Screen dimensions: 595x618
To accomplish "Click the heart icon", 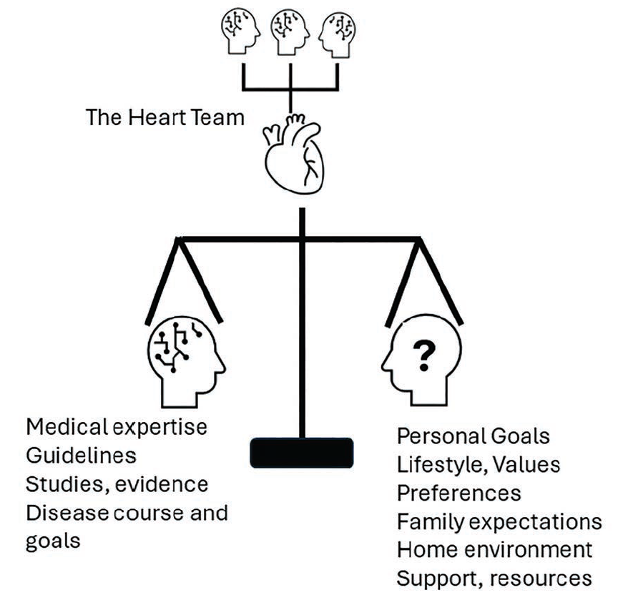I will click(x=294, y=154).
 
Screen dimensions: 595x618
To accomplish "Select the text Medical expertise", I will click(x=117, y=428).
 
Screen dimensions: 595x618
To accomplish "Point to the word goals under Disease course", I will click(x=53, y=541).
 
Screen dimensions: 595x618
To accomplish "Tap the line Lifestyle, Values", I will click(x=479, y=464).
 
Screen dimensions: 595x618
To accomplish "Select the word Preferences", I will click(x=458, y=493).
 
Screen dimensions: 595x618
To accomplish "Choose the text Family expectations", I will click(x=499, y=521).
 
